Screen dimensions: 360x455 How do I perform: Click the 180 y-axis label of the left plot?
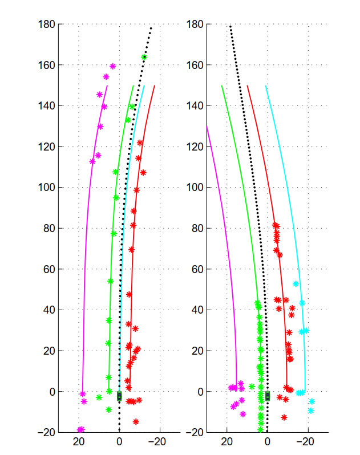[x=46, y=25]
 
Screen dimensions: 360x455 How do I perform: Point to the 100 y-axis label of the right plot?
[x=195, y=188]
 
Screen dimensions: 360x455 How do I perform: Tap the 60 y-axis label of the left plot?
[x=49, y=269]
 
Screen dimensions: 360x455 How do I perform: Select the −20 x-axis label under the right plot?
[x=305, y=442]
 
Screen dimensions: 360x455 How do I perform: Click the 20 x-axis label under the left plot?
[x=79, y=442]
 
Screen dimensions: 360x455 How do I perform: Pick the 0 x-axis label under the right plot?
[x=268, y=442]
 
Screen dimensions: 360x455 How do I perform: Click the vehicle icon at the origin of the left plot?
[x=119, y=396]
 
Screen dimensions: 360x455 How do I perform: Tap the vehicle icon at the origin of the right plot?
[x=268, y=396]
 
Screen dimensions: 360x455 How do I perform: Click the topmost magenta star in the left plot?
[x=113, y=67]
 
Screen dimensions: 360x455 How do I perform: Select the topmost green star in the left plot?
[x=144, y=57]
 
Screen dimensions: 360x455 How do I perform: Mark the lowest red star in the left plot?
[x=136, y=421]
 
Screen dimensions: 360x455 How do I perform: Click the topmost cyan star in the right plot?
[x=296, y=284]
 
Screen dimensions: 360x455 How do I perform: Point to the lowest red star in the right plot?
[x=284, y=417]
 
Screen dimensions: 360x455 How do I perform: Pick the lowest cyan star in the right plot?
[x=311, y=411]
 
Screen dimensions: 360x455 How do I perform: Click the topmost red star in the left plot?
[x=140, y=143]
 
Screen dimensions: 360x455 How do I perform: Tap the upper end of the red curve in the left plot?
[x=155, y=86]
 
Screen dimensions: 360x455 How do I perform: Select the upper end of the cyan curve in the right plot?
[x=266, y=86]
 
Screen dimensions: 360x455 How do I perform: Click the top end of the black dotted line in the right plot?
[x=230, y=26]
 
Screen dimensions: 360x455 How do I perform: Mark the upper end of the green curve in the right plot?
[x=222, y=86]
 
